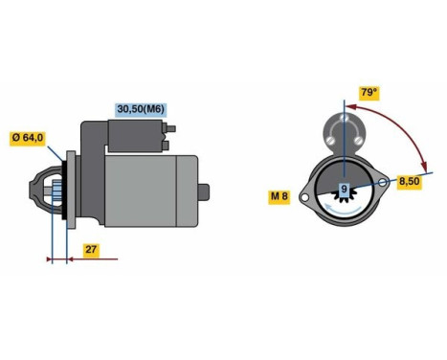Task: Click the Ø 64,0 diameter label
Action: point(28,138)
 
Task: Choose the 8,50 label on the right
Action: point(410,180)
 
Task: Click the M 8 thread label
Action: point(279,197)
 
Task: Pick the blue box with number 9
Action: point(344,190)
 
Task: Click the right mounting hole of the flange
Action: point(384,180)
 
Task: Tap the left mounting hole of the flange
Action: point(304,198)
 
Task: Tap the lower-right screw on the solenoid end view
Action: point(355,136)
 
